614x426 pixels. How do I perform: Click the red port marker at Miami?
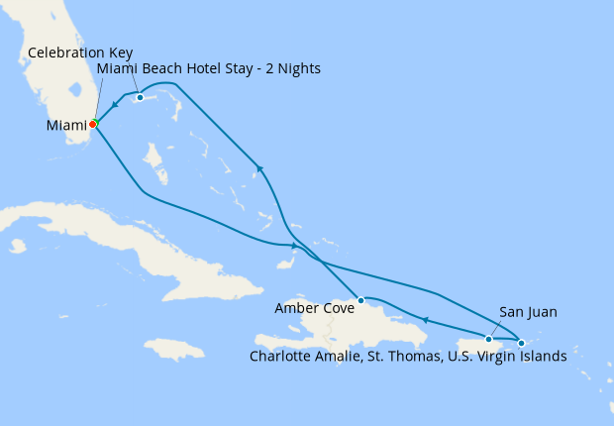pos(92,125)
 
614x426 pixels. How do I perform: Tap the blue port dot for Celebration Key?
pos(141,97)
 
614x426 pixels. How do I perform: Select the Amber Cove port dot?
pos(361,299)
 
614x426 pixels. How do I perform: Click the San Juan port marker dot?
pos(488,339)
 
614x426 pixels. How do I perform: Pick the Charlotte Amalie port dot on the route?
pos(522,343)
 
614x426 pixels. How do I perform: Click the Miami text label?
pos(66,126)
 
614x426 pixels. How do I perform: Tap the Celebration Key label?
pos(80,52)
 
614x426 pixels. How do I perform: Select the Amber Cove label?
pos(310,308)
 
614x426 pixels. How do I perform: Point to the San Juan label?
pos(528,312)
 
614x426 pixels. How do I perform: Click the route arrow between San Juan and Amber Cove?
pos(424,319)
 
